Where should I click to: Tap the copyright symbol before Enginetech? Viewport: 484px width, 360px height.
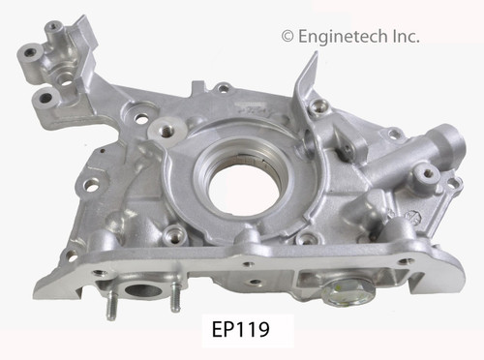click(287, 36)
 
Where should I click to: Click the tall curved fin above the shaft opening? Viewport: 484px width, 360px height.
click(308, 87)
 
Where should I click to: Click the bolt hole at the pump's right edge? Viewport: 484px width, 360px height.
click(424, 176)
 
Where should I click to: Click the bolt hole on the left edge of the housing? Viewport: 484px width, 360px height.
click(92, 182)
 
